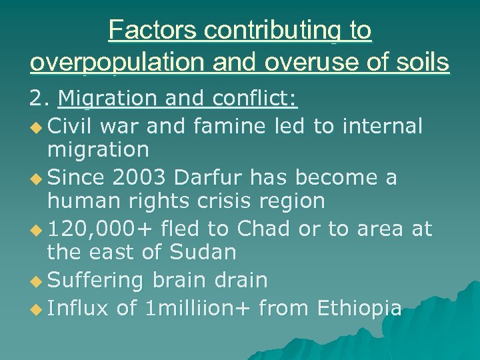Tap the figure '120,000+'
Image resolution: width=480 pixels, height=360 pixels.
pyautogui.click(x=101, y=229)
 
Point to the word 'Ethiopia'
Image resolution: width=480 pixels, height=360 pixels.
pyautogui.click(x=359, y=308)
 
